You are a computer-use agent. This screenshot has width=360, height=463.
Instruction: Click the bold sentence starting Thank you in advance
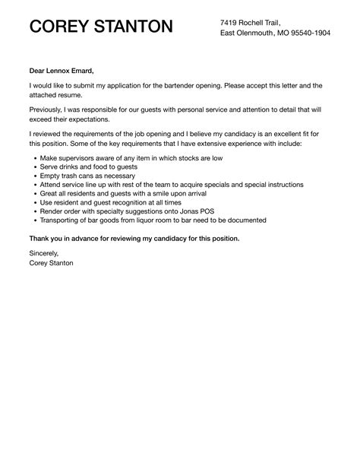tap(134, 238)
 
